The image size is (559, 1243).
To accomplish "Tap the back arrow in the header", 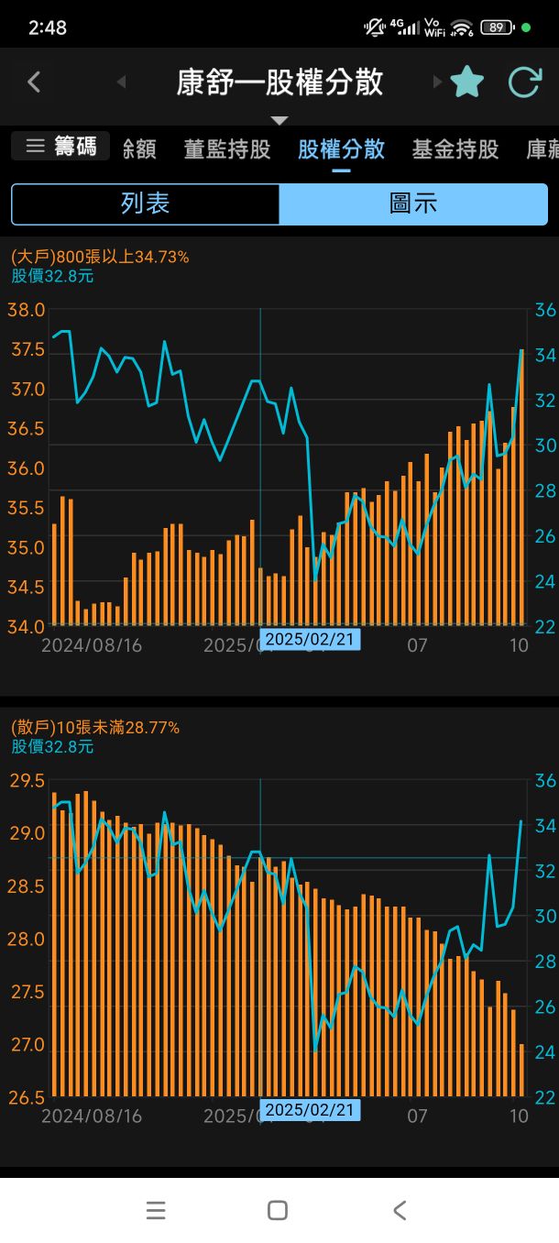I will pyautogui.click(x=34, y=82).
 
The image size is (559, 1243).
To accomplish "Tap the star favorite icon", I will pyautogui.click(x=467, y=82).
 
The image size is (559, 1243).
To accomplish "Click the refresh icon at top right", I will pyautogui.click(x=525, y=82).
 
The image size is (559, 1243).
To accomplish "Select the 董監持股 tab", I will pyautogui.click(x=227, y=149).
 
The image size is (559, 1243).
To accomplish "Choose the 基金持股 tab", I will pyautogui.click(x=455, y=149).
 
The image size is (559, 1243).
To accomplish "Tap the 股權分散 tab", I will pyautogui.click(x=341, y=149).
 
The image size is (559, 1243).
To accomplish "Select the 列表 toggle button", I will pyautogui.click(x=145, y=203).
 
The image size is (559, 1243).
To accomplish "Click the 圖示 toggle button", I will pyautogui.click(x=413, y=203).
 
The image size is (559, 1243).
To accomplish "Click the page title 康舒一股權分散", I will pyautogui.click(x=279, y=82).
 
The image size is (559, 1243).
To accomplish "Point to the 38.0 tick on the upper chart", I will pyautogui.click(x=26, y=310).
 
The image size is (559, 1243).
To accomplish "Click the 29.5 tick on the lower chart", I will pyautogui.click(x=26, y=781).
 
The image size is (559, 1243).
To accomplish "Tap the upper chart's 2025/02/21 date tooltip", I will pyautogui.click(x=310, y=639).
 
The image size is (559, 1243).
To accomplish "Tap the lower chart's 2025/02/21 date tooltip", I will pyautogui.click(x=310, y=1110).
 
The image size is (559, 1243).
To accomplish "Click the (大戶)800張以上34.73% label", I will pyautogui.click(x=100, y=257).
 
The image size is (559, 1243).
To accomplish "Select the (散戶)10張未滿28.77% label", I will pyautogui.click(x=95, y=728).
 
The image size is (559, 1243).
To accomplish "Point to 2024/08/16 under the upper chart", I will pyautogui.click(x=92, y=645).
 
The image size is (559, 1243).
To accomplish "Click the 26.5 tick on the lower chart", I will pyautogui.click(x=26, y=1097).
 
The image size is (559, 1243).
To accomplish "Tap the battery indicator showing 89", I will pyautogui.click(x=497, y=27).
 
